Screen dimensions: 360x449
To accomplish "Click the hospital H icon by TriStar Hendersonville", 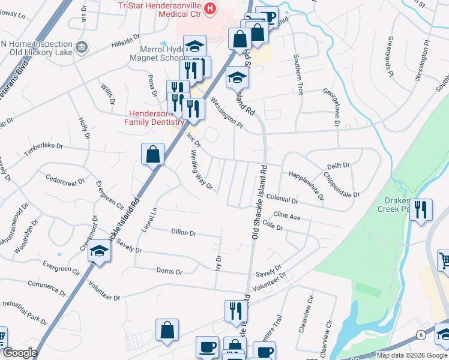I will pyautogui.click(x=209, y=8).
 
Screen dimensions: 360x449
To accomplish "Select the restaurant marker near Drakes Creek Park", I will pyautogui.click(x=421, y=211).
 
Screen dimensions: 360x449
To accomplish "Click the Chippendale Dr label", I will pyautogui.click(x=341, y=185).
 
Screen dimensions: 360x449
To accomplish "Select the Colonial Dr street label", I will pyautogui.click(x=282, y=199).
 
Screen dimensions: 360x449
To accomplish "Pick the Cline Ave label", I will pyautogui.click(x=287, y=215).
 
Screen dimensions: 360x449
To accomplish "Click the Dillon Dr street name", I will pyautogui.click(x=184, y=232).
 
